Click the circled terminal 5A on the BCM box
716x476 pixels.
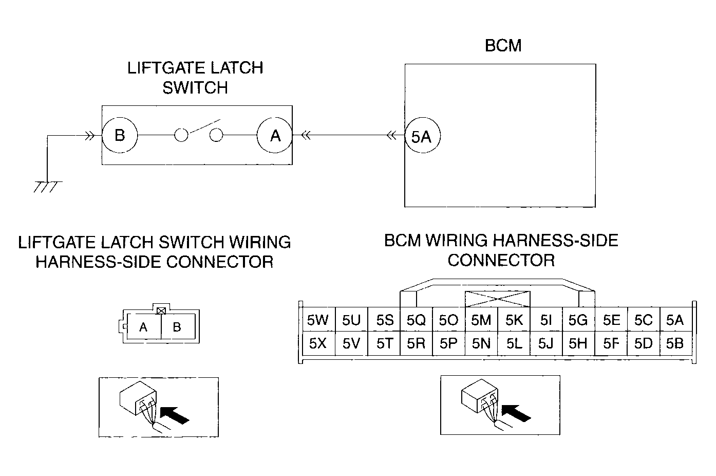[423, 136]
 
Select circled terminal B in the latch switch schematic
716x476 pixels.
[120, 135]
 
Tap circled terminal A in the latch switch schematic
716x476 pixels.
[275, 135]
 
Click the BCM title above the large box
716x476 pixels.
[503, 45]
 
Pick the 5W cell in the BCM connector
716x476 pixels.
[318, 320]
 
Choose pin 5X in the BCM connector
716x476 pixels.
[318, 343]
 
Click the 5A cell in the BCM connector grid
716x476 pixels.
[675, 320]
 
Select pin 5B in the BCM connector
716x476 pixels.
[675, 343]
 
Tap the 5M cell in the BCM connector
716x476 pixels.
[481, 320]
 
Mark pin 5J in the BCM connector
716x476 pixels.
[546, 343]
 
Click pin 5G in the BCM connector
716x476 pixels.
[578, 320]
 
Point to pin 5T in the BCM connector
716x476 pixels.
[384, 343]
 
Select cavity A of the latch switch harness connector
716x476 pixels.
[144, 326]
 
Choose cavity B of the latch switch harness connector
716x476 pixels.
[178, 326]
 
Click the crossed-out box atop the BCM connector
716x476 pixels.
[497, 299]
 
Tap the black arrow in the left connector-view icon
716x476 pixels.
[175, 415]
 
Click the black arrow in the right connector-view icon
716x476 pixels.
[516, 413]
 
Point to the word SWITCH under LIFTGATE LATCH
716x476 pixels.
[195, 88]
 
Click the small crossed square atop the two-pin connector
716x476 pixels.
[161, 310]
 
